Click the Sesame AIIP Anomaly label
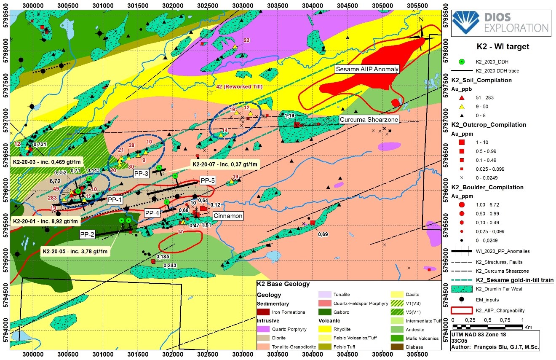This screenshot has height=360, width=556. (x=366, y=69)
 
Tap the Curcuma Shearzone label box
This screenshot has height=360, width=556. (x=369, y=120)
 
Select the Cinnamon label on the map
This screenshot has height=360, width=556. (x=228, y=216)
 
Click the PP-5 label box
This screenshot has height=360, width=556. (x=208, y=181)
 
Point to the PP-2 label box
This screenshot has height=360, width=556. (x=87, y=234)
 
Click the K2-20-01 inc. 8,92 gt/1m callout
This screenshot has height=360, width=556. (x=45, y=221)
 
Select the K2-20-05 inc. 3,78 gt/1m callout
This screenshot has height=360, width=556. (x=75, y=252)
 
